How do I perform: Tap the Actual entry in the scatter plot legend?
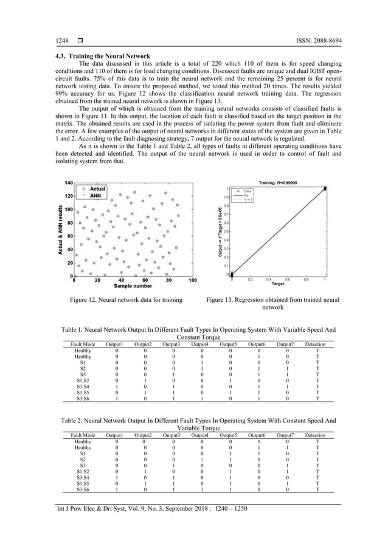click(x=97, y=189)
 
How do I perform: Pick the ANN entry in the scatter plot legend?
click(x=95, y=197)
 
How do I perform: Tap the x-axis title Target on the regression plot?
click(x=277, y=284)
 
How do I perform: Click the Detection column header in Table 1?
click(x=317, y=344)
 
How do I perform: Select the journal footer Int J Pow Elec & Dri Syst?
click(x=144, y=509)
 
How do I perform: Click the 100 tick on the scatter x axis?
click(x=192, y=281)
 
